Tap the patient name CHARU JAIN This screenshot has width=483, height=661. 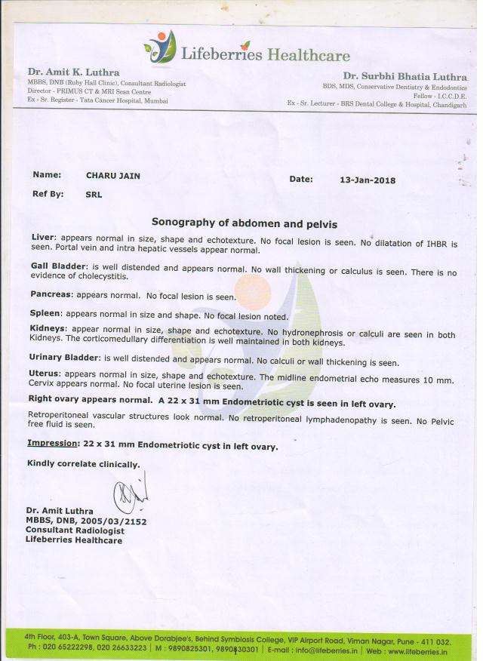click(112, 176)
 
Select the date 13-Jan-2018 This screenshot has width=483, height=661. click(368, 180)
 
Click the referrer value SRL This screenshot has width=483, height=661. click(94, 194)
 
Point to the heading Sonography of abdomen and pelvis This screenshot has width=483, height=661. click(244, 223)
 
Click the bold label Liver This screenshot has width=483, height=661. click(43, 237)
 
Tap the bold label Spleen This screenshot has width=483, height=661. click(46, 312)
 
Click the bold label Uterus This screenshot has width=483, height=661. click(45, 373)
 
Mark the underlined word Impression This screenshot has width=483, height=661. click(53, 445)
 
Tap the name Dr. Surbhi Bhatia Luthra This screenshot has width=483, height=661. click(405, 76)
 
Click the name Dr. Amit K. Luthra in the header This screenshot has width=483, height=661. click(73, 73)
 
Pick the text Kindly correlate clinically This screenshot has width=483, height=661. click(83, 463)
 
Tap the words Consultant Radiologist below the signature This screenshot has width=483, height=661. click(69, 530)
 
